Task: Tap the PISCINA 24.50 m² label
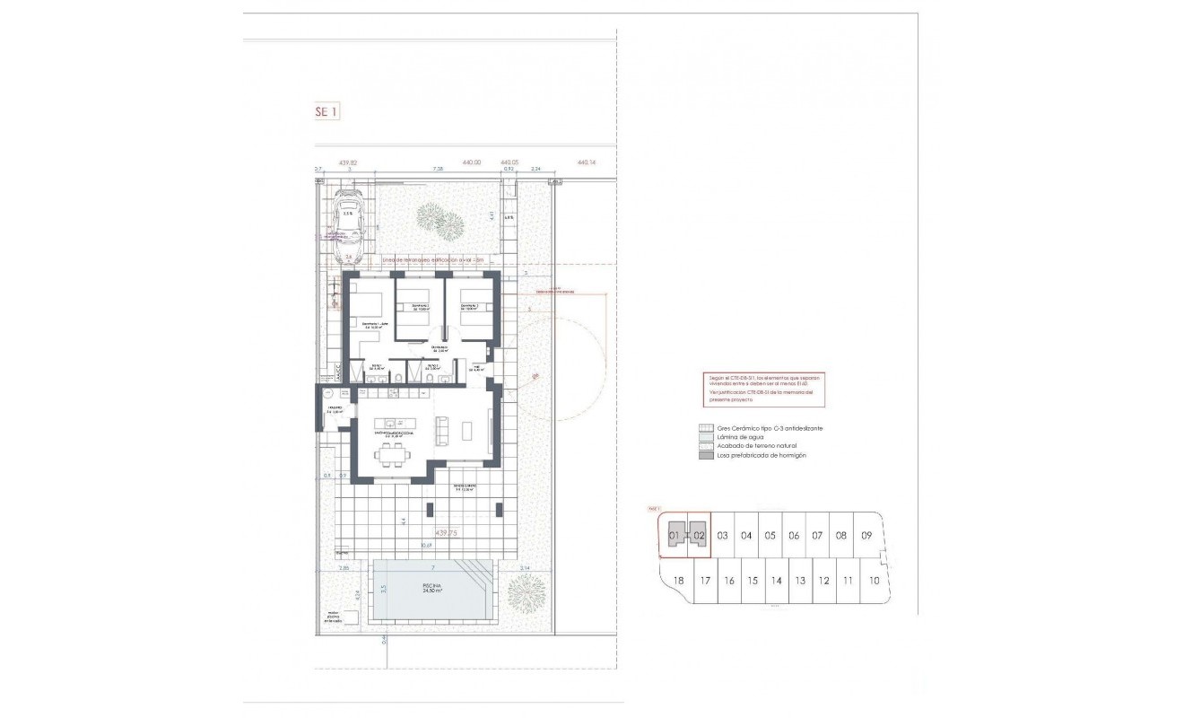434,589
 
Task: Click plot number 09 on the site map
866,536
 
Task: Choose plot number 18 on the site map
678,581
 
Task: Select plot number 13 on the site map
799,581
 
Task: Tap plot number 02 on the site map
700,536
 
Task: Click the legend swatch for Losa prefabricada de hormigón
706,455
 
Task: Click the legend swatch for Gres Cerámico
706,428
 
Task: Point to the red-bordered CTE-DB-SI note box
763,392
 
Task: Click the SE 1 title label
326,112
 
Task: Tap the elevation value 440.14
587,162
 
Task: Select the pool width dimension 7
433,568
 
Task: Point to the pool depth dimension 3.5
382,591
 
